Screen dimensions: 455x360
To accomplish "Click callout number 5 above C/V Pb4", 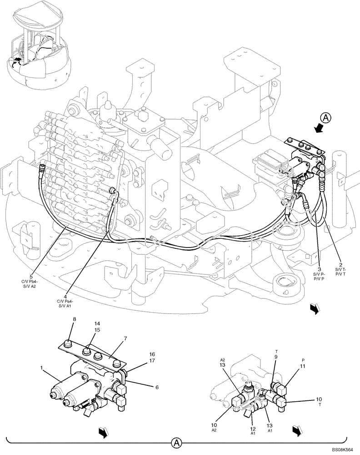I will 31,276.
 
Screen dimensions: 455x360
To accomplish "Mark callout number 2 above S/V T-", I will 340,264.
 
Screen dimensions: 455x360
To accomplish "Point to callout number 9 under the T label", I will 275,357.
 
